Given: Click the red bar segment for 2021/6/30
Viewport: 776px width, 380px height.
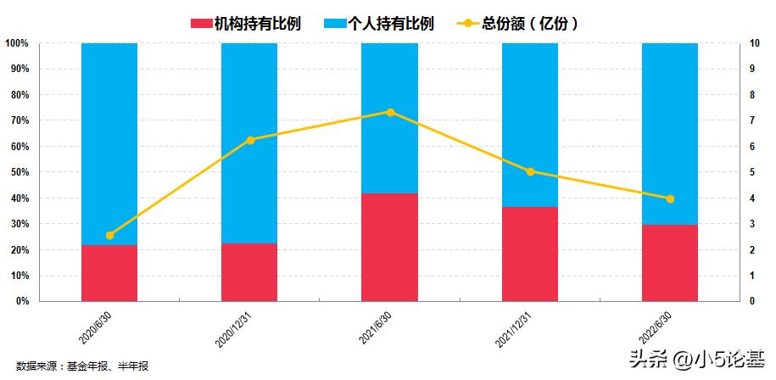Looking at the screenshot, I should click(389, 247).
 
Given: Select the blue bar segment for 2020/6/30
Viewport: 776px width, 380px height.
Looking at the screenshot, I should click(109, 143).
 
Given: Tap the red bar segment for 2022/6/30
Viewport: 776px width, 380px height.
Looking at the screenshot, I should click(670, 263).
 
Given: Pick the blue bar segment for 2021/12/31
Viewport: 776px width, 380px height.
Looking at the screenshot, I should click(530, 125).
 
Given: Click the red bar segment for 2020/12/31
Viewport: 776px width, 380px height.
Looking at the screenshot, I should click(249, 272).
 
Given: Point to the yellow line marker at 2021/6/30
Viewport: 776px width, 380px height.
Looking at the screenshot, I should click(390, 112).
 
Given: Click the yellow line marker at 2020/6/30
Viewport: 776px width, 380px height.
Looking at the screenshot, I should click(109, 235).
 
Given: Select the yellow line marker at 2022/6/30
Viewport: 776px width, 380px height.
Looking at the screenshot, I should click(670, 198).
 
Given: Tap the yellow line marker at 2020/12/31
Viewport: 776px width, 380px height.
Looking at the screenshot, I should click(250, 140).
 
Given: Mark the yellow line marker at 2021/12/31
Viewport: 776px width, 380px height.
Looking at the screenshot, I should click(530, 171).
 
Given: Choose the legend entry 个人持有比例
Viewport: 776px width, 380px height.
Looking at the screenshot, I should click(379, 24).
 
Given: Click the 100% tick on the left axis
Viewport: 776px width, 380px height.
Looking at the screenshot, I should click(16, 43).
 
